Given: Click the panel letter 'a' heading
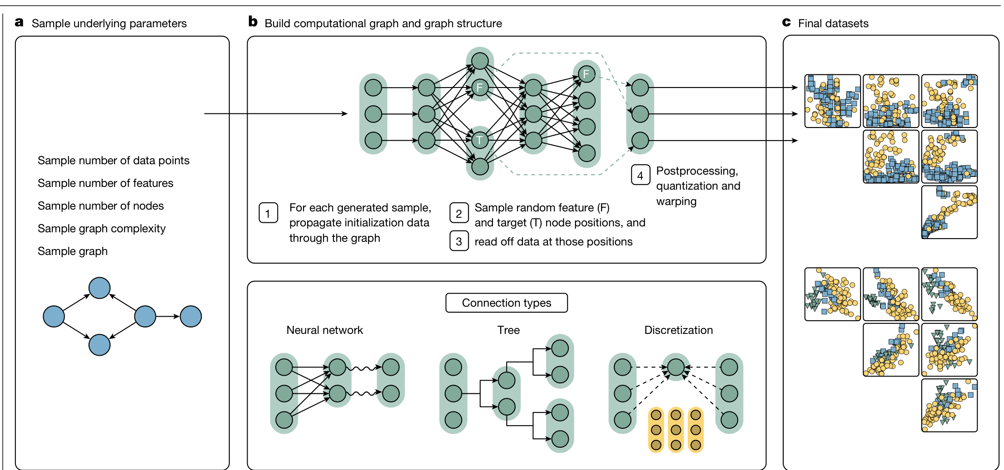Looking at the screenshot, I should pyautogui.click(x=19, y=22).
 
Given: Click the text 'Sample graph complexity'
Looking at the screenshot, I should pyautogui.click(x=101, y=228).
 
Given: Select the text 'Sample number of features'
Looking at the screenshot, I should pyautogui.click(x=105, y=183).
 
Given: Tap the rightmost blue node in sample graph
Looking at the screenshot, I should pyautogui.click(x=191, y=316).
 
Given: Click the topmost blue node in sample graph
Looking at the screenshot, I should pyautogui.click(x=99, y=288).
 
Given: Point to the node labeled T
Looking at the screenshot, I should pyautogui.click(x=480, y=140).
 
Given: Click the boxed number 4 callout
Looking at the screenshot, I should pyautogui.click(x=640, y=176).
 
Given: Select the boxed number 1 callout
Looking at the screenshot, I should pyautogui.click(x=268, y=213).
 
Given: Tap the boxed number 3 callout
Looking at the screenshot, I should pyautogui.click(x=459, y=241).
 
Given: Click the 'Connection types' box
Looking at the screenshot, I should pyautogui.click(x=507, y=303).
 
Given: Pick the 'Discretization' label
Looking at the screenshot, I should pyautogui.click(x=678, y=330).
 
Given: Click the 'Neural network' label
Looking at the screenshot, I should pyautogui.click(x=324, y=330).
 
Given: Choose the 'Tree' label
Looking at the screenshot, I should pyautogui.click(x=508, y=330).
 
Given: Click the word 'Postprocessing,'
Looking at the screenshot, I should pyautogui.click(x=697, y=171).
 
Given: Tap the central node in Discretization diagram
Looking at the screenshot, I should pyautogui.click(x=676, y=367).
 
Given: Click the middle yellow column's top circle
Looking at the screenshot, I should pyautogui.click(x=676, y=415).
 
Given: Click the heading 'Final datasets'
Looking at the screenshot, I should pyautogui.click(x=833, y=23).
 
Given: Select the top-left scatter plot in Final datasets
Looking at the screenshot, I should pyautogui.click(x=832, y=101).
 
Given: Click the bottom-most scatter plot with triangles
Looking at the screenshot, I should pyautogui.click(x=949, y=405).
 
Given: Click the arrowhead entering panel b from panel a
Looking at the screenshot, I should pyautogui.click(x=345, y=113).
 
